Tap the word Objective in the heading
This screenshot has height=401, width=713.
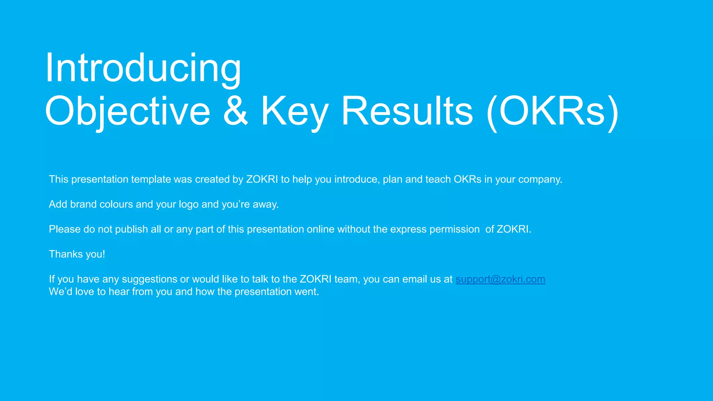127,111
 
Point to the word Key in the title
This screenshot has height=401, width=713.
295,111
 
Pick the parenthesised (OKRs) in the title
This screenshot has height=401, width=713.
553,111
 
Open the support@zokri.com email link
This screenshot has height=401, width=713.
500,279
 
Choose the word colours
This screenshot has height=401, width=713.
116,204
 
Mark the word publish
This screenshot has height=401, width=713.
132,229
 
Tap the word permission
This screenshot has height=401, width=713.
454,229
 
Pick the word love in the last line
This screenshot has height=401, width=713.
84,292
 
